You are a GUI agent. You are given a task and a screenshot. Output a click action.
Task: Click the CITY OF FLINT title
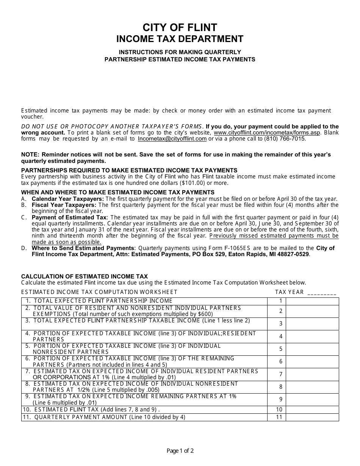(180, 27)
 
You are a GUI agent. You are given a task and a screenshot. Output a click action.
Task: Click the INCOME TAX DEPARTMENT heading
(180, 39)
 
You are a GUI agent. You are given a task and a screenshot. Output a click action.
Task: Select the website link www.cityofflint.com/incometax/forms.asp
(267, 133)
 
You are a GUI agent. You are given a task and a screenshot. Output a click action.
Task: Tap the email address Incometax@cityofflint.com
(172, 139)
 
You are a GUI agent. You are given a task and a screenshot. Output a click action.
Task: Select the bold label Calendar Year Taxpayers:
(67, 199)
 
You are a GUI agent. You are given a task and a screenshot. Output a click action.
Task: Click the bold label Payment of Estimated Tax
(69, 217)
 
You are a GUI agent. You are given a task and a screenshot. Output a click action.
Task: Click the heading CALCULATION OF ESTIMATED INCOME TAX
(85, 277)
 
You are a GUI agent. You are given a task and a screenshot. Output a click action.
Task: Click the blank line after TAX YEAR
(322, 292)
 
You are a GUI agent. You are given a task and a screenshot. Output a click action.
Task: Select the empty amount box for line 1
(312, 301)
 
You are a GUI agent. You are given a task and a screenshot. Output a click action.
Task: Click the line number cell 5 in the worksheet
(281, 349)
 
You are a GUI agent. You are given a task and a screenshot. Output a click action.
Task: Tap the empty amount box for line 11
(312, 417)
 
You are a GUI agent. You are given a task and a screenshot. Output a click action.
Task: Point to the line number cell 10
(279, 410)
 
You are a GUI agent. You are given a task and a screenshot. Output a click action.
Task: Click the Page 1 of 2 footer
(180, 451)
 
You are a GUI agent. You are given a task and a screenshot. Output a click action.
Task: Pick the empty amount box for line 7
(312, 374)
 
